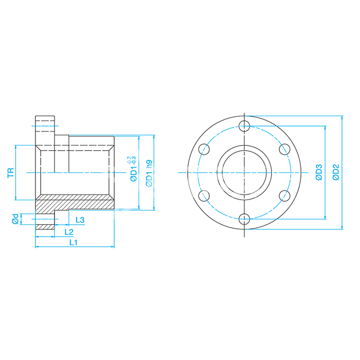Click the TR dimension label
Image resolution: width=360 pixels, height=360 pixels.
point(11,173)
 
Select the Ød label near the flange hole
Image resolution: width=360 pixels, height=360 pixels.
point(15,219)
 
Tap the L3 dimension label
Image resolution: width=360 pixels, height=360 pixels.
point(80,220)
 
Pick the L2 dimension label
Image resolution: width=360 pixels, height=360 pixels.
point(69,232)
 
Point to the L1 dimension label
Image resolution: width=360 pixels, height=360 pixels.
point(74,242)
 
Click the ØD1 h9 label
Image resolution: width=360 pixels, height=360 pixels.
point(149,173)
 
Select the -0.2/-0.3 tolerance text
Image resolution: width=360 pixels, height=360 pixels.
point(132,160)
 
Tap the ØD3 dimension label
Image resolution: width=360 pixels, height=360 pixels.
point(319,172)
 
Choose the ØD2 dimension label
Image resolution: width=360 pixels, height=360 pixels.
point(336,172)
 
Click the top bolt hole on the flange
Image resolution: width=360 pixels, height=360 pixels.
point(244,126)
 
